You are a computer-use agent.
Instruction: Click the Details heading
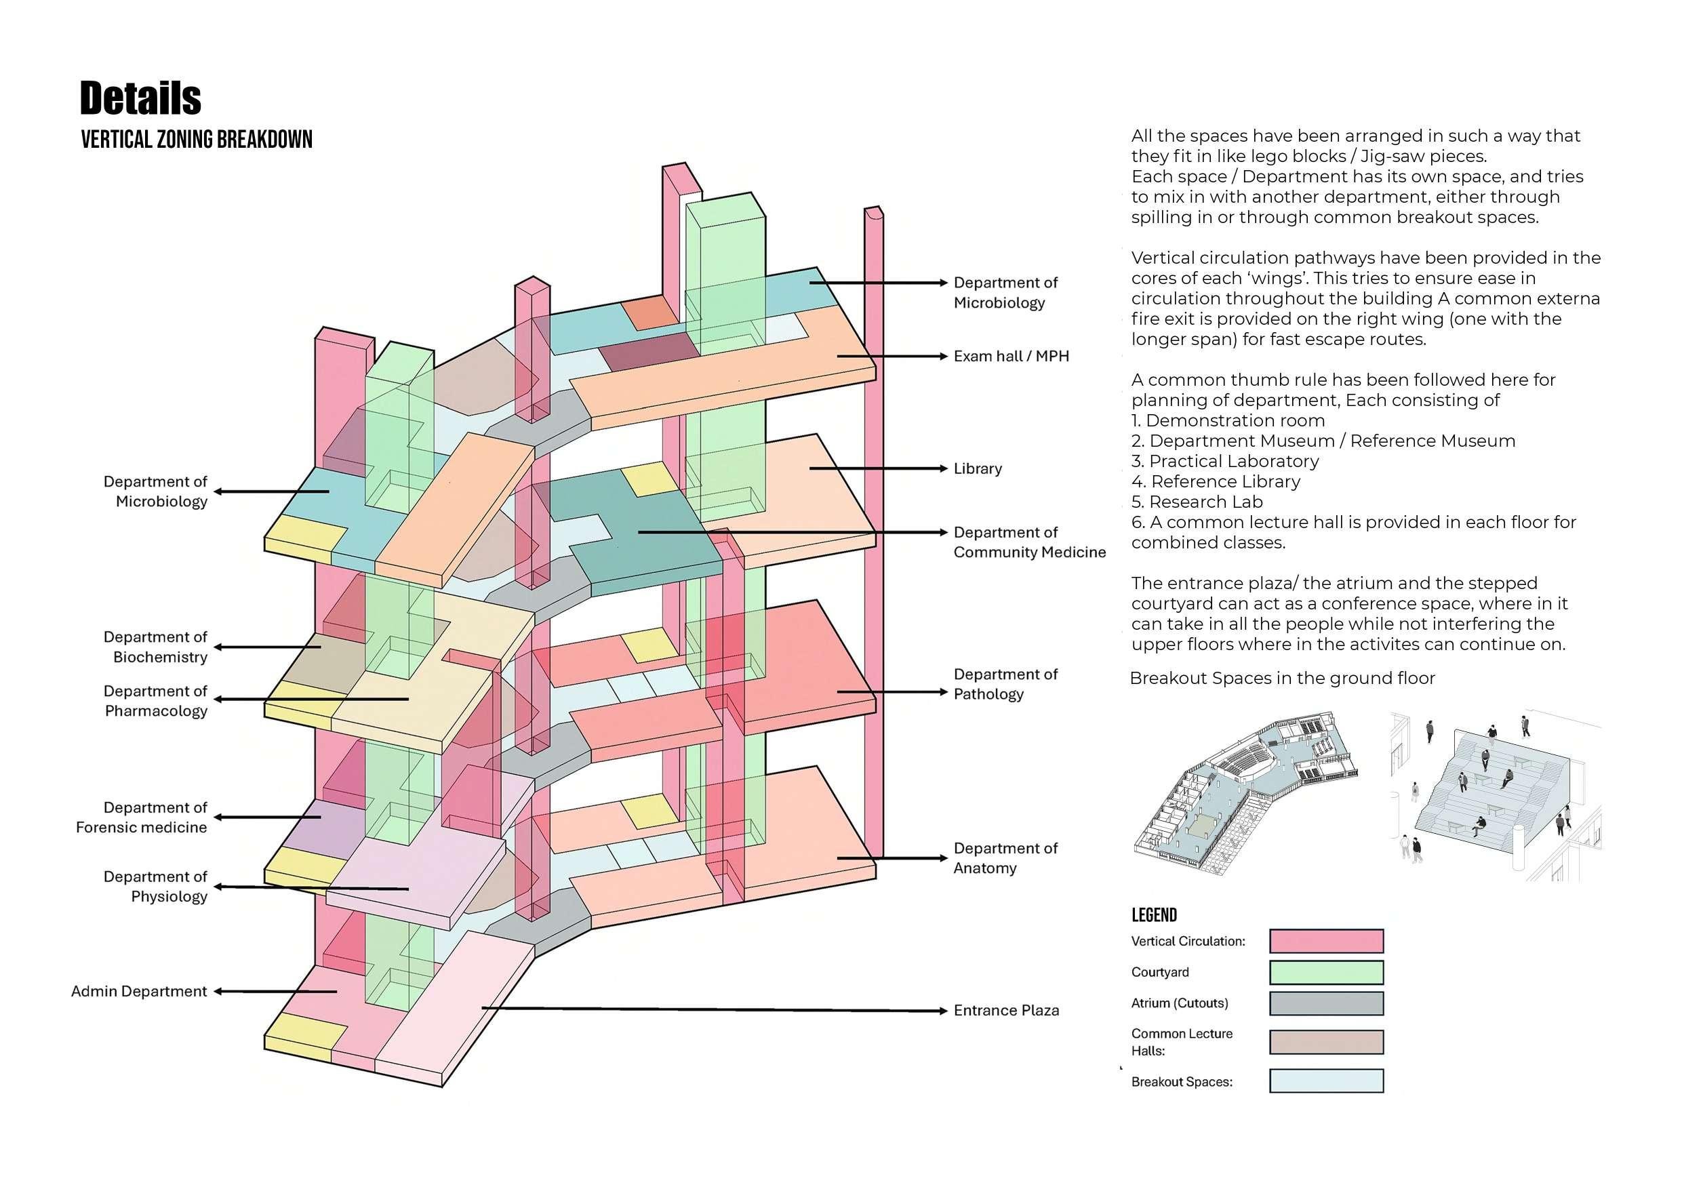point(140,98)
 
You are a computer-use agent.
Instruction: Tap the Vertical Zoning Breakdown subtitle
point(197,139)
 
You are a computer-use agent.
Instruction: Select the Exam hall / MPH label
point(1011,356)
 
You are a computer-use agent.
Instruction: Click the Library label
point(977,469)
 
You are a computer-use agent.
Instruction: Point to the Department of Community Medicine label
point(1028,542)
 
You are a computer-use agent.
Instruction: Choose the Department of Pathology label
point(1005,684)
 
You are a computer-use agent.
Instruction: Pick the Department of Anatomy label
point(1005,858)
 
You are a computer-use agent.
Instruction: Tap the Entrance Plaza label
point(1006,1011)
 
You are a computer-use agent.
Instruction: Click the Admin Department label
point(139,991)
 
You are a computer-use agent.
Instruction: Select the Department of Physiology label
point(155,887)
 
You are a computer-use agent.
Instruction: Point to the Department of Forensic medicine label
point(142,818)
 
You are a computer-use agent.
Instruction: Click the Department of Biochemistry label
point(155,647)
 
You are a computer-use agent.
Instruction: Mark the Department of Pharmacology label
point(155,701)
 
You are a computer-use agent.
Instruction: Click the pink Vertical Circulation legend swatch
point(1326,942)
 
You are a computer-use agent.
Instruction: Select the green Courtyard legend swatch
point(1326,972)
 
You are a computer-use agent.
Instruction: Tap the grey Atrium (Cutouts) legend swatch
point(1326,1003)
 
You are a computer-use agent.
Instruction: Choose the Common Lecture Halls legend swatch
point(1326,1042)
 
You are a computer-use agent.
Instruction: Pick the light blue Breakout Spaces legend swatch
point(1326,1081)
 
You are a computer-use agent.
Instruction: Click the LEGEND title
point(1154,915)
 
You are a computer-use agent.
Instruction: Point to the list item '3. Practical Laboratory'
point(1225,462)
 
